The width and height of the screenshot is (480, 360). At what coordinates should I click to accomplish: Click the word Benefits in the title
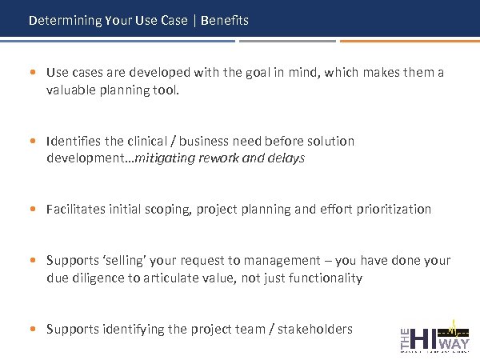click(x=225, y=20)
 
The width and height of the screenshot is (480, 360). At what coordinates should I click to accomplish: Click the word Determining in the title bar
click(x=65, y=20)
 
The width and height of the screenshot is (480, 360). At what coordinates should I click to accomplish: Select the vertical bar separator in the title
click(x=194, y=20)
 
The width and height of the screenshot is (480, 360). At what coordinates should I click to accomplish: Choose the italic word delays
click(x=286, y=158)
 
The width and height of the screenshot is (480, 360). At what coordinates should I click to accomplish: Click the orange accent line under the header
click(x=410, y=40)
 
